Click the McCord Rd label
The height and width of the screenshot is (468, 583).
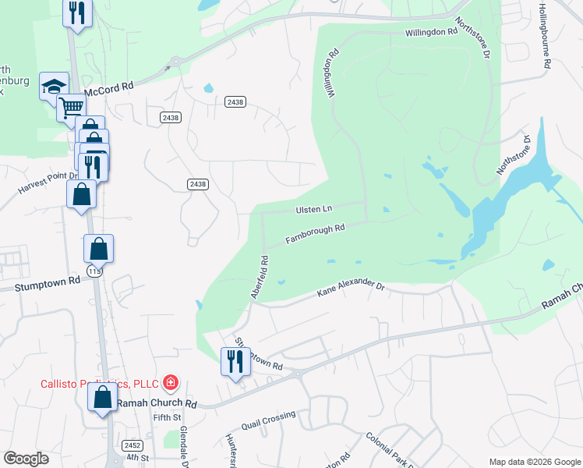pyautogui.click(x=109, y=90)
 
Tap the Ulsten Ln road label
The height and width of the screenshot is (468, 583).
pyautogui.click(x=314, y=209)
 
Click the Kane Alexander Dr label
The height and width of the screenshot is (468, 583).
pyautogui.click(x=351, y=290)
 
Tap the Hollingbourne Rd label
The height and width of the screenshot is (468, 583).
pyautogui.click(x=546, y=36)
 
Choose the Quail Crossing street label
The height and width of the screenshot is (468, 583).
pyautogui.click(x=269, y=420)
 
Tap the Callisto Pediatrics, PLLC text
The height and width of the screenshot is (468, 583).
pyautogui.click(x=100, y=383)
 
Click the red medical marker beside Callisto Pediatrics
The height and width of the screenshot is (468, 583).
pyautogui.click(x=171, y=382)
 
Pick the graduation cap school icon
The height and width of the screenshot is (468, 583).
pyautogui.click(x=54, y=86)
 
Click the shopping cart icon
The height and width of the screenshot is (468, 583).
pyautogui.click(x=71, y=107)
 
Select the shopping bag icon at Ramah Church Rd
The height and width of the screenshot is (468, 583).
pyautogui.click(x=102, y=397)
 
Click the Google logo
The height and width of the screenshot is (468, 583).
pyautogui.click(x=26, y=459)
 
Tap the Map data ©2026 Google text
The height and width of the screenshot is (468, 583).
pyautogui.click(x=534, y=462)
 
